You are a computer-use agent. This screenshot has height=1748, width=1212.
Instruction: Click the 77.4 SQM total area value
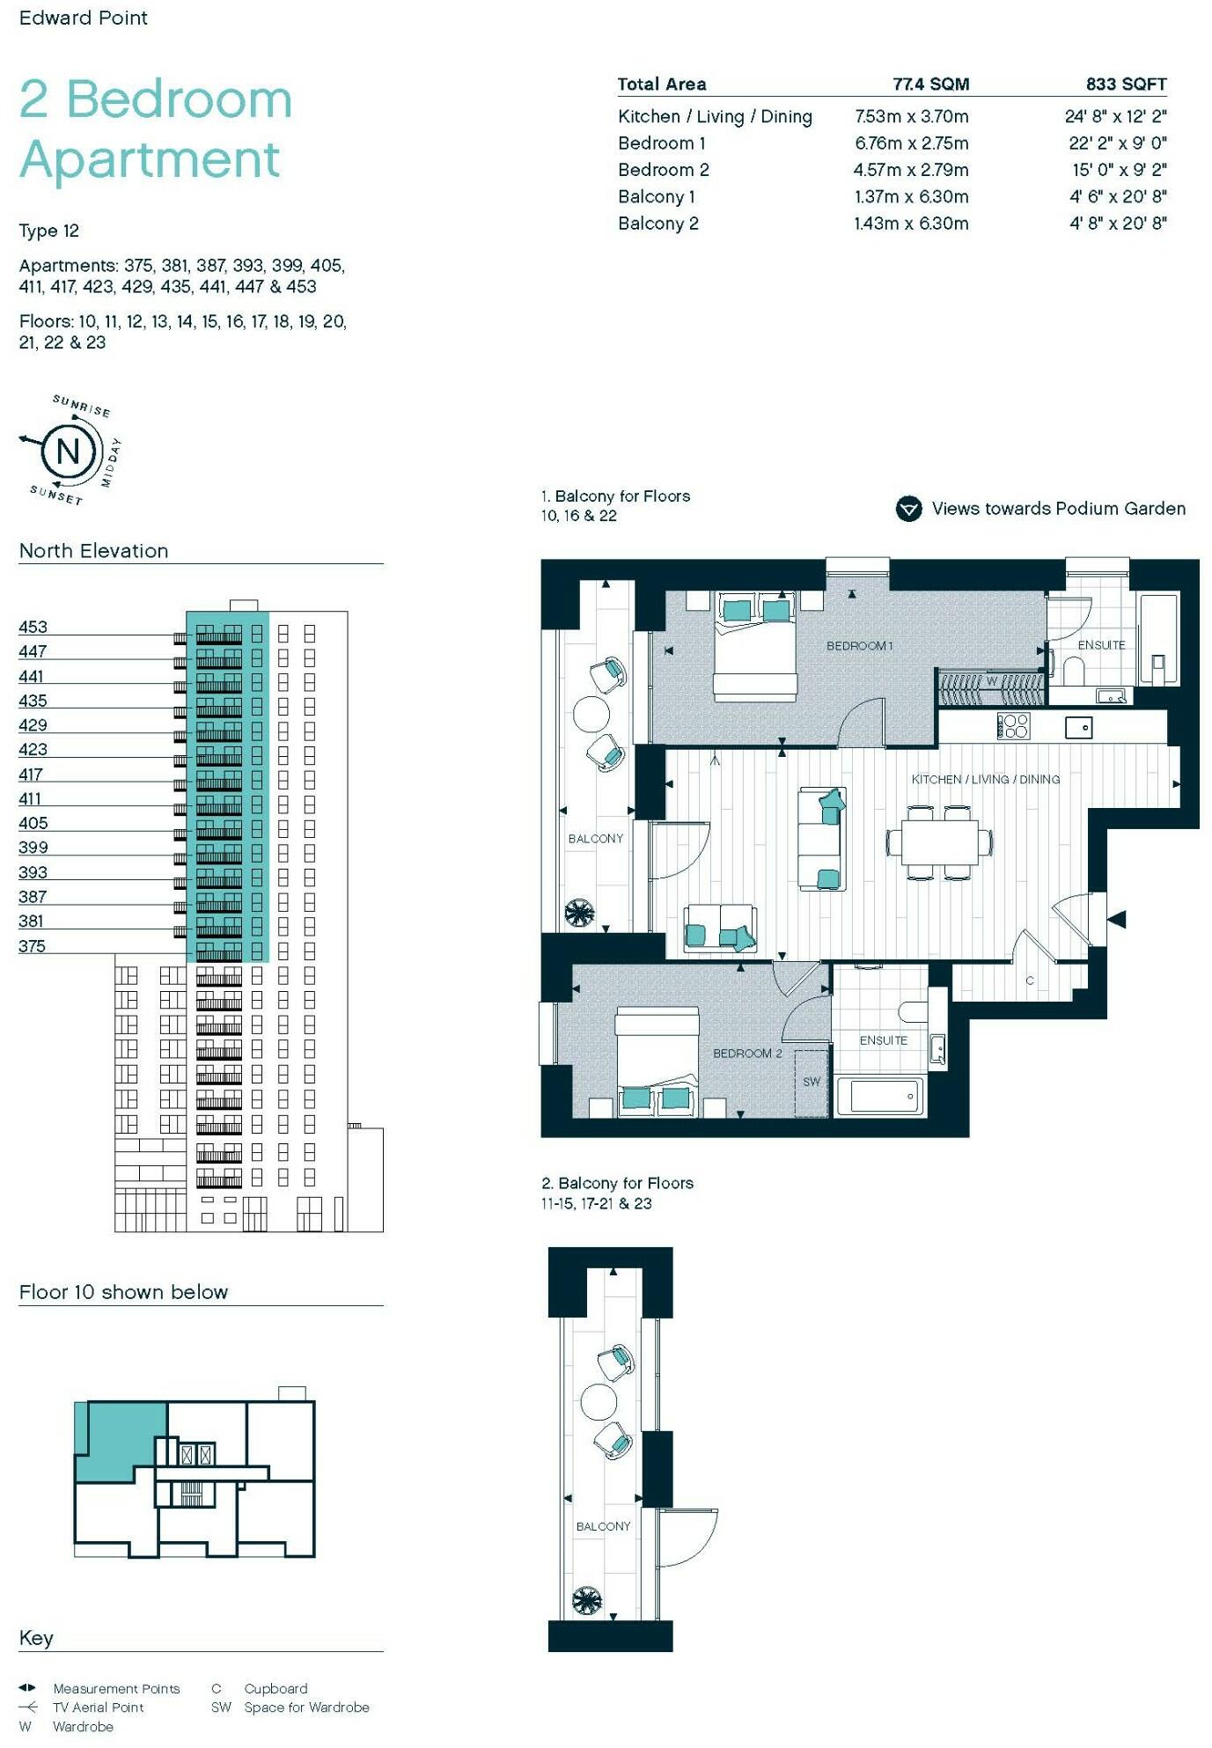click(930, 84)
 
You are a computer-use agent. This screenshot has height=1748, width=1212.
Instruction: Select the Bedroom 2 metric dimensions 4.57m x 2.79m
click(910, 170)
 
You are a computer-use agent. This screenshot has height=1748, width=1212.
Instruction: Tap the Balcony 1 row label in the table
click(657, 197)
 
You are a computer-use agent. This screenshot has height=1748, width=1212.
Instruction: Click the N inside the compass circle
click(68, 452)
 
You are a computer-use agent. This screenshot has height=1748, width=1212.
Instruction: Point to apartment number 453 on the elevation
click(33, 627)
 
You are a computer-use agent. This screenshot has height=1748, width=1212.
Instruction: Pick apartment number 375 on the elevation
click(32, 946)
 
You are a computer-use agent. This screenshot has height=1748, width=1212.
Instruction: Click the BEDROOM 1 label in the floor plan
click(859, 646)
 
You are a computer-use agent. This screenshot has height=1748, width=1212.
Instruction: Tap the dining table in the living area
click(939, 842)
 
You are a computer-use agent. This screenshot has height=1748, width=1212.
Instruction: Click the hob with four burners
click(1013, 725)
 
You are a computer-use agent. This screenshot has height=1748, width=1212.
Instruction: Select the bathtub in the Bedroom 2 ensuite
click(880, 1097)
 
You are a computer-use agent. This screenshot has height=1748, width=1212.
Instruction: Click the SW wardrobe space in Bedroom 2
click(812, 1082)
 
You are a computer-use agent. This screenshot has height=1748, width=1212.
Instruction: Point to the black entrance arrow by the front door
click(1116, 920)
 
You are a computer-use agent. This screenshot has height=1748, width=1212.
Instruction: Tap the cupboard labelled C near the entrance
click(1029, 980)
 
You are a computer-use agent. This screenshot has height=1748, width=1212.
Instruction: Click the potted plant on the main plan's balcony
click(580, 913)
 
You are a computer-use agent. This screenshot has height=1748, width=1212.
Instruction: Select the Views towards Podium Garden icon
click(908, 509)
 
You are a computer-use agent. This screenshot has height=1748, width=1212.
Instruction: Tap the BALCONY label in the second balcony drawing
click(603, 1526)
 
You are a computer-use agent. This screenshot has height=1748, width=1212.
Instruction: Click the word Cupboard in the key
click(275, 1688)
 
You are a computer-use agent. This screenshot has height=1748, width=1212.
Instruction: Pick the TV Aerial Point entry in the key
click(98, 1707)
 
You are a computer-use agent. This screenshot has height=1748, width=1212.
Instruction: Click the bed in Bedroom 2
click(657, 1061)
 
